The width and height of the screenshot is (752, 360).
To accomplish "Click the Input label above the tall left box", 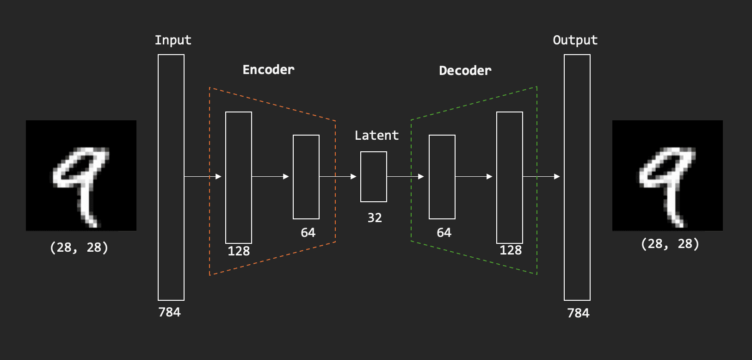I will (173, 40).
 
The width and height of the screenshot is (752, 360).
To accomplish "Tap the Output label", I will (575, 40).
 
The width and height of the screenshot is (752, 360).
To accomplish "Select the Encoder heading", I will (268, 70).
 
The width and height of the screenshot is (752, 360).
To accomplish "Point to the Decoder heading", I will (465, 71).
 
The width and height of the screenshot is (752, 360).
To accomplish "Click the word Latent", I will (376, 136).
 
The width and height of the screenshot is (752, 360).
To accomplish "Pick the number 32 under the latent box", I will (375, 218).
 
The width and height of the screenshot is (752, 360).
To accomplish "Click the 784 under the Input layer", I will (169, 312).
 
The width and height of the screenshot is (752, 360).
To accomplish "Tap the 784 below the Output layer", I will (578, 313).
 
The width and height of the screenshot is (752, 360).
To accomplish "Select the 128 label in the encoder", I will (239, 251).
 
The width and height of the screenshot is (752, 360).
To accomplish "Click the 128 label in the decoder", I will (511, 250).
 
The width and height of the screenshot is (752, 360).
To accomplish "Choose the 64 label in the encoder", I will (308, 233).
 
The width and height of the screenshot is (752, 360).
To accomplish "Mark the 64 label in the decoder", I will (444, 233).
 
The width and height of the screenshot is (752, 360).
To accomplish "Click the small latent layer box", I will (374, 177).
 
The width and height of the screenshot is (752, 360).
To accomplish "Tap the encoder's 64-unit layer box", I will (306, 177).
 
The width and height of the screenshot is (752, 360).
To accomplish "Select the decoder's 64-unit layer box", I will (442, 177).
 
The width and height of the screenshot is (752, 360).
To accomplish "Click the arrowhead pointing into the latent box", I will (354, 177).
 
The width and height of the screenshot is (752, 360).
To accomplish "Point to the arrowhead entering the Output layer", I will (557, 177).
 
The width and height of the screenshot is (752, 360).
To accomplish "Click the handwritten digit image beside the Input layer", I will (81, 175).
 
